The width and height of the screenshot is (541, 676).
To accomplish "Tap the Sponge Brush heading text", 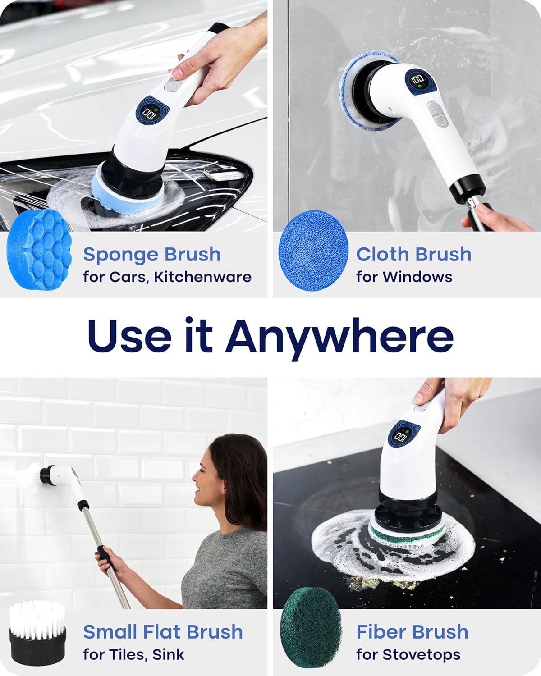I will [151, 255].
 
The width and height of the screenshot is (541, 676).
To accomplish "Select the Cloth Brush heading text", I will [413, 254].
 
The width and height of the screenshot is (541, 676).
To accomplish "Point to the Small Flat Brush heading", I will [163, 632].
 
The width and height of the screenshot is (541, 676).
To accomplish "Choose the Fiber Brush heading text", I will [412, 632].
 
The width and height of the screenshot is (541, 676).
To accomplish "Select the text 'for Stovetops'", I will [408, 654].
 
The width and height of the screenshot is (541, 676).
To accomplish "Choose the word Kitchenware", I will [202, 277].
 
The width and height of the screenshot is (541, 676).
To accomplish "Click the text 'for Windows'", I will [404, 277].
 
